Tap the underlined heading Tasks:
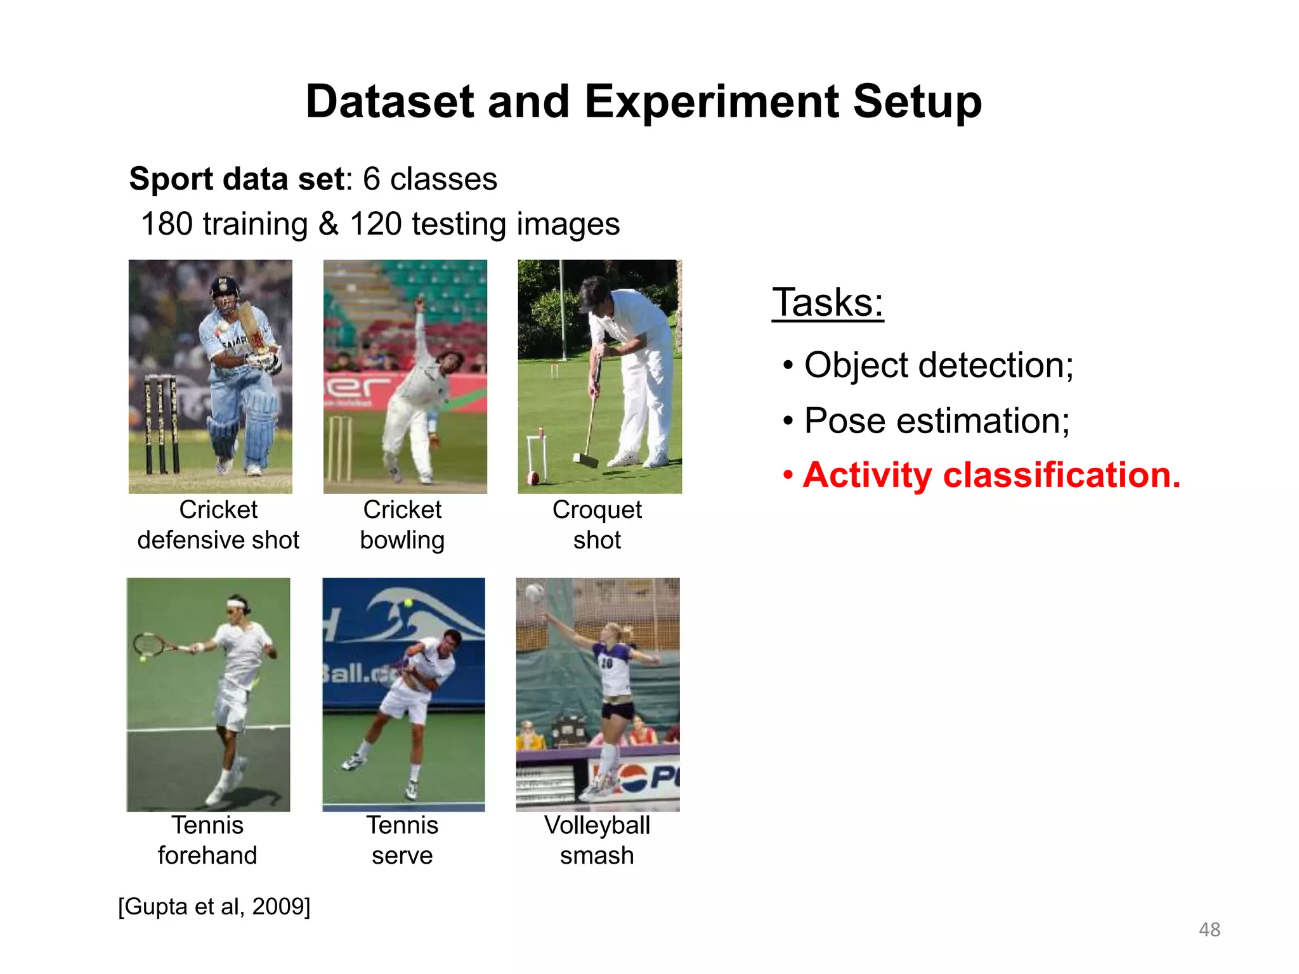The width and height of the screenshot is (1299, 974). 827,302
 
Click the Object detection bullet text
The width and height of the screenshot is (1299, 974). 938,365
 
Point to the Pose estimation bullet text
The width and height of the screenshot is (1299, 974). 936,420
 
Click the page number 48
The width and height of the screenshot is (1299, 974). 1209,930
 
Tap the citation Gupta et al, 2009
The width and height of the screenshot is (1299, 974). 214,906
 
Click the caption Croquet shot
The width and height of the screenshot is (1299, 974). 597,524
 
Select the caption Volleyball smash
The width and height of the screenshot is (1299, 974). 597,840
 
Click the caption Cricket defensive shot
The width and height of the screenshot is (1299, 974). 218,524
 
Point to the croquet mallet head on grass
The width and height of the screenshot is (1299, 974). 585,459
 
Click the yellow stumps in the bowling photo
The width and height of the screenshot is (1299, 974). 341,448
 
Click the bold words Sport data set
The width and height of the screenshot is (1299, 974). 236,179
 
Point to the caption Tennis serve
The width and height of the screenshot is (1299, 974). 402,840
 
